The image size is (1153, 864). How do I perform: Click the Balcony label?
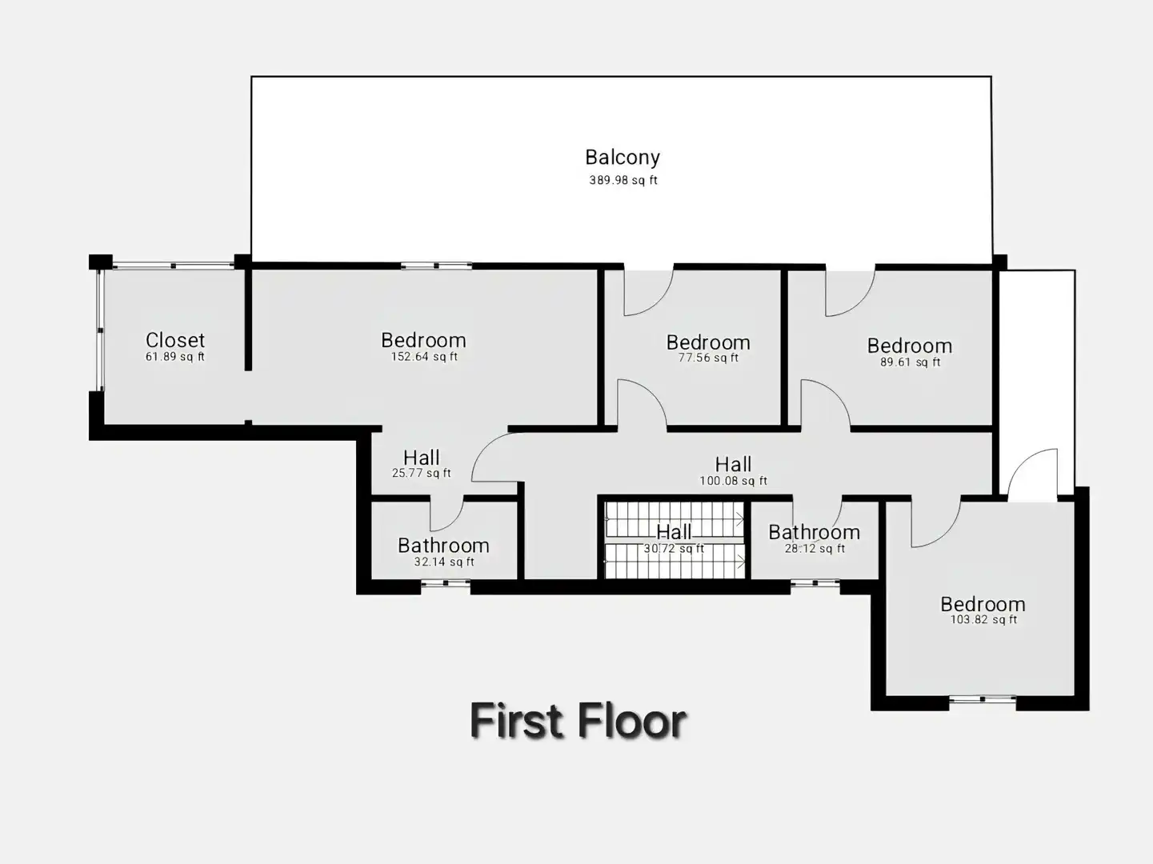pos(623,157)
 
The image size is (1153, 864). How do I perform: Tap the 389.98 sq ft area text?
pos(623,180)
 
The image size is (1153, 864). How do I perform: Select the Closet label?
pos(175,340)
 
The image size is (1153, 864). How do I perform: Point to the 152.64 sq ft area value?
pos(424,357)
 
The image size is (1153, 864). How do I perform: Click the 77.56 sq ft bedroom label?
pos(708,358)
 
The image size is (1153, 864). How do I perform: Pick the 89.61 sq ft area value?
pos(910,362)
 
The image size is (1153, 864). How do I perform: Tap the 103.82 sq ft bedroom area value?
pos(983,619)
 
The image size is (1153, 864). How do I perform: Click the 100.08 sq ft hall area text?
pos(733,481)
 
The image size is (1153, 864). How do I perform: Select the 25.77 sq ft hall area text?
pos(422,473)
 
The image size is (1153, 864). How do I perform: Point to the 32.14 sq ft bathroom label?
pos(444,562)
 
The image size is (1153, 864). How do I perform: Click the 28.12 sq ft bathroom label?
pos(815,548)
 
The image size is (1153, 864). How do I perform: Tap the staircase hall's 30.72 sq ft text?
pos(674,548)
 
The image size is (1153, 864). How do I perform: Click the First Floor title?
pos(578,721)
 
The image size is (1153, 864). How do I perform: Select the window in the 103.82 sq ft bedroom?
pos(983,698)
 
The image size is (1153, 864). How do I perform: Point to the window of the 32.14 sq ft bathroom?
pos(446,582)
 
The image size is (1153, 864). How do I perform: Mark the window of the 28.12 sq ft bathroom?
pos(815,582)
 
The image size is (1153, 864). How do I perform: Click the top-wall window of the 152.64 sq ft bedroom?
pos(436,266)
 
